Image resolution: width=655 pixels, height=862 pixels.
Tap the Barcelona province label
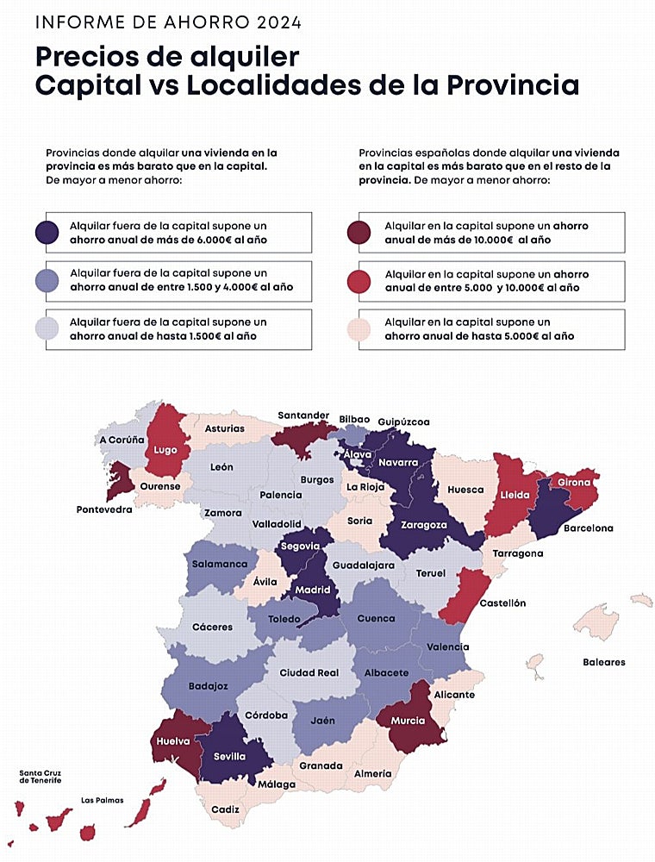click(588, 528)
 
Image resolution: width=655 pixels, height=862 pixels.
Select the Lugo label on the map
click(165, 450)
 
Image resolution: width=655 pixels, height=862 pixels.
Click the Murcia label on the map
click(408, 721)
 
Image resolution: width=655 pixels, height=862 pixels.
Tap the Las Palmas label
click(102, 800)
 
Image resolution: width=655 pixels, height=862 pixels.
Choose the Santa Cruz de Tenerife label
click(41, 776)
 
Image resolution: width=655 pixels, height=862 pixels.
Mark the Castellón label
click(502, 603)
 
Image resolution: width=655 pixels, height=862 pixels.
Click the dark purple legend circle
click(47, 233)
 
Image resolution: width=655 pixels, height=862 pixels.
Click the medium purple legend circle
click(47, 281)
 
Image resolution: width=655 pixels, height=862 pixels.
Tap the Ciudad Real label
click(309, 673)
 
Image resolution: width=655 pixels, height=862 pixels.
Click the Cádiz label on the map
click(225, 810)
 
